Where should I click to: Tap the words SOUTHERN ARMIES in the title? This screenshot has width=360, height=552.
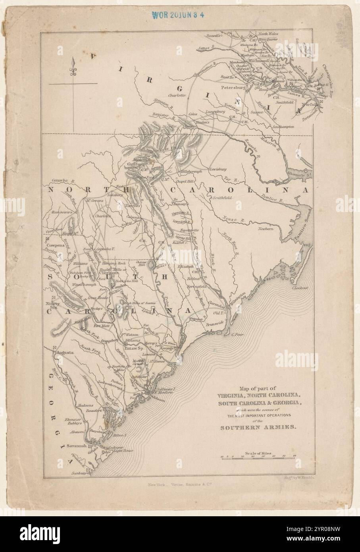(x=258, y=427)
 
